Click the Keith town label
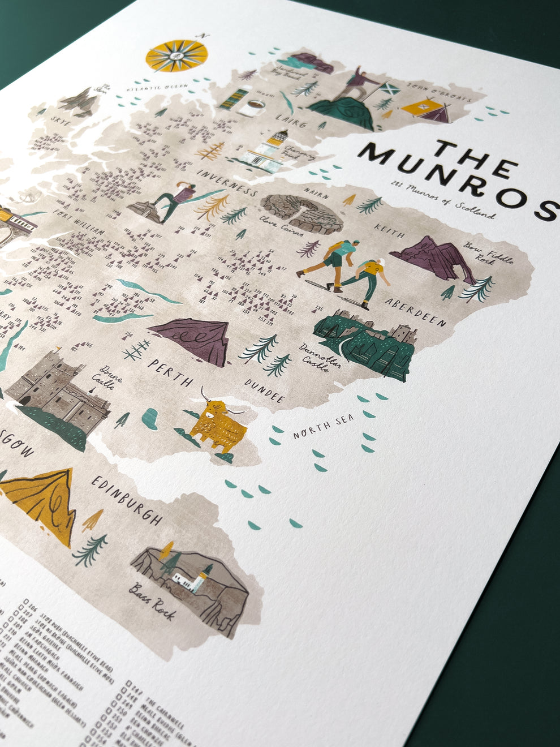389,232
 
